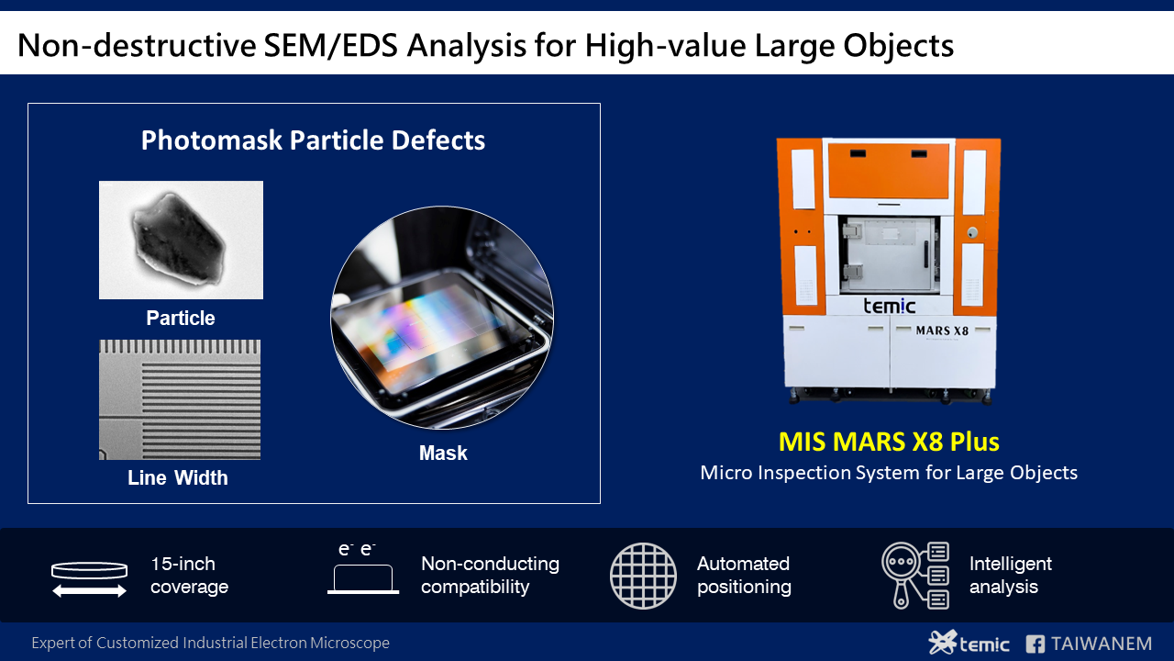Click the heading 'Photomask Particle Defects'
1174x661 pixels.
tap(313, 140)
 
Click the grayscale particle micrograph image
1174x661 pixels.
tap(181, 240)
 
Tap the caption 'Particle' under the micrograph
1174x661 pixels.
tap(181, 319)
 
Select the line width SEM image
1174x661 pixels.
tap(180, 399)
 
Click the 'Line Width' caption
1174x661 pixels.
tap(178, 478)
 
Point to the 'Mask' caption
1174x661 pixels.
tap(443, 454)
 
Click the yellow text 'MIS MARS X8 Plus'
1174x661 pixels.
tap(888, 443)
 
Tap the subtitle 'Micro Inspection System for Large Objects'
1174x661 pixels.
tap(888, 474)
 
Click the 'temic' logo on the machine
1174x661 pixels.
tap(889, 305)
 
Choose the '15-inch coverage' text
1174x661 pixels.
tap(189, 576)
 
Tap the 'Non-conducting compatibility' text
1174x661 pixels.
tap(490, 576)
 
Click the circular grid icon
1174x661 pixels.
tap(643, 576)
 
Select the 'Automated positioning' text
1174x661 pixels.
tap(743, 576)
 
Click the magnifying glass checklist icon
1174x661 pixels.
tap(914, 576)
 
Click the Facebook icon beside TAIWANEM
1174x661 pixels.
tap(1036, 644)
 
